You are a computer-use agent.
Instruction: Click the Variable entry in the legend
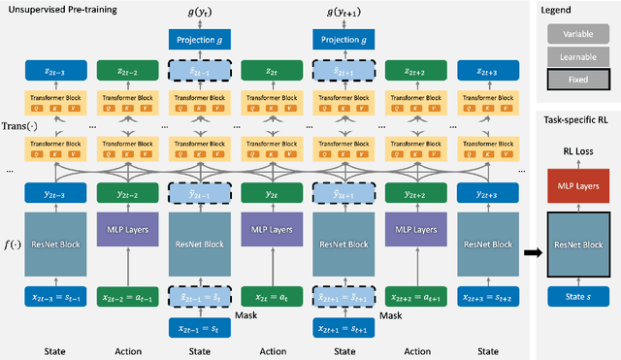point(578,34)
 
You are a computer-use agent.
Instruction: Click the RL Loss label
point(578,151)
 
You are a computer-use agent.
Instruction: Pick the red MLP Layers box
point(578,184)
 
